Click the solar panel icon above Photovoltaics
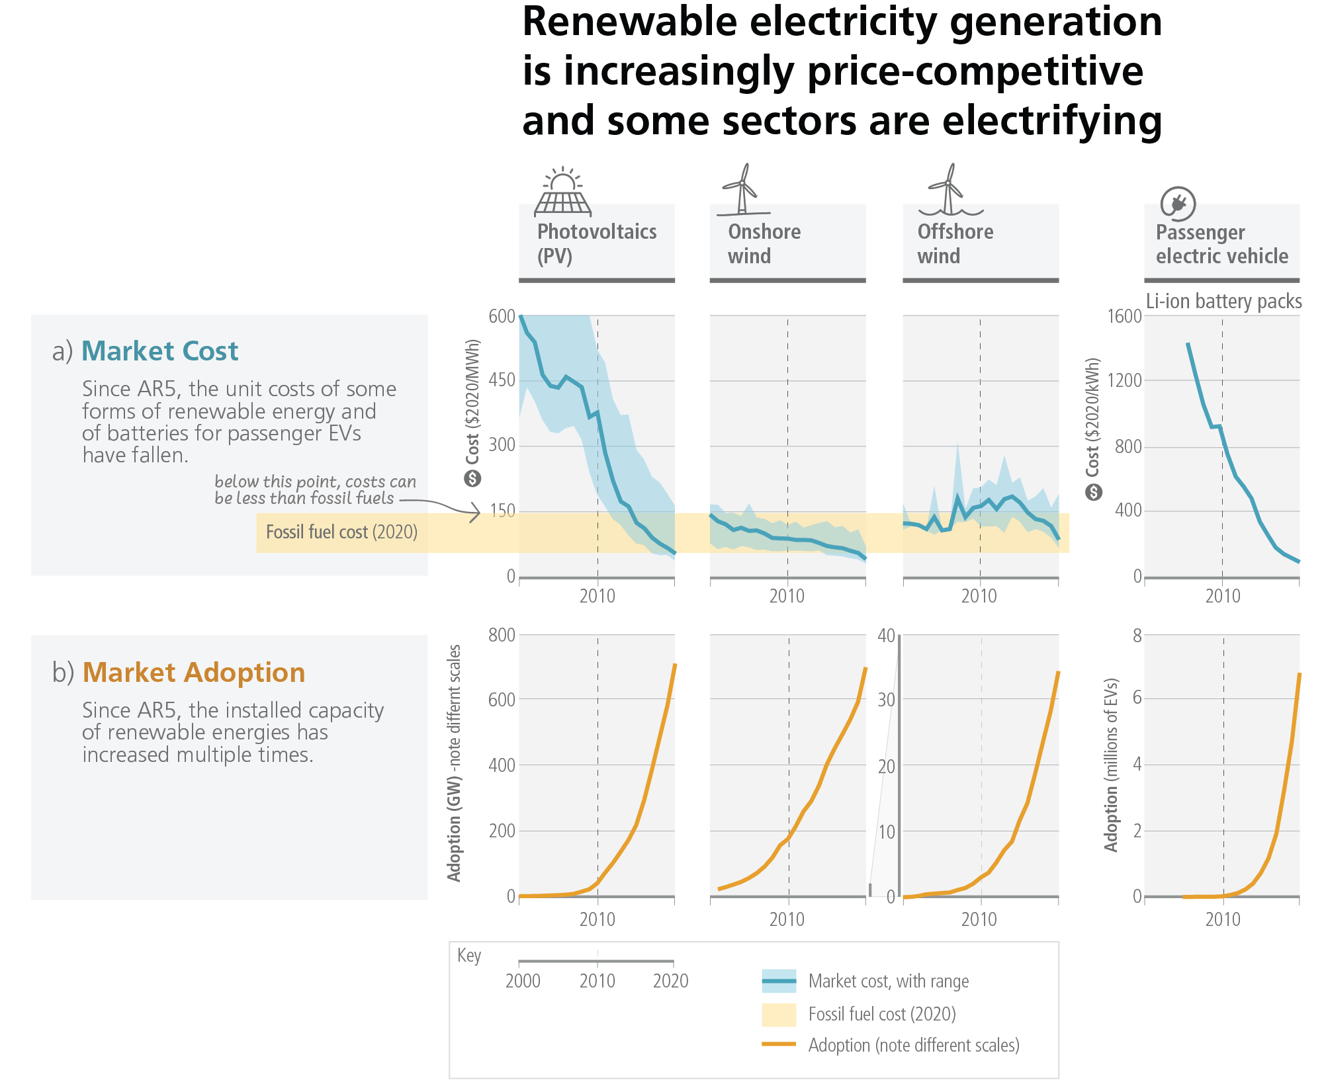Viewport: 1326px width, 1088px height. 562,193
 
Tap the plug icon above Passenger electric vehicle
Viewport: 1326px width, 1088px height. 1178,204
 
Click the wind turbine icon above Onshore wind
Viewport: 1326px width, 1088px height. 744,190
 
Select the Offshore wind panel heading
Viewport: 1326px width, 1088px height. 955,243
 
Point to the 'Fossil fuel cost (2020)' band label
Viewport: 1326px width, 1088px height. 341,532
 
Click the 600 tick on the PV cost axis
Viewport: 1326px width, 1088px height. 502,316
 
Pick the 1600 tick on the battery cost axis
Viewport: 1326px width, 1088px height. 1124,316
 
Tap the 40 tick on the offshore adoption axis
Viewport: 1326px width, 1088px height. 886,636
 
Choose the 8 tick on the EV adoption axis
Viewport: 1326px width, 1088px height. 1137,636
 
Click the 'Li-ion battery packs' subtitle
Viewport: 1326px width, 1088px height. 1223,302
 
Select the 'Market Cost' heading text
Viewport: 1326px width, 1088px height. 159,351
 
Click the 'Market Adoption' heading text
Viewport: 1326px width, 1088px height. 194,673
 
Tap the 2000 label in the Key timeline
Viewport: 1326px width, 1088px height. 523,981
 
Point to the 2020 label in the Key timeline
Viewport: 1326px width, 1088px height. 670,981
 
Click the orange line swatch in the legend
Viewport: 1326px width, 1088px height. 778,1044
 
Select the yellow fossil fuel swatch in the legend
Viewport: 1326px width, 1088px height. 778,1014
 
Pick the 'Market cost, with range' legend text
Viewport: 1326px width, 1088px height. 888,982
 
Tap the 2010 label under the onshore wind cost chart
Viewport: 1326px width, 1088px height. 787,597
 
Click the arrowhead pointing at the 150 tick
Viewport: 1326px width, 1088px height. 476,512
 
